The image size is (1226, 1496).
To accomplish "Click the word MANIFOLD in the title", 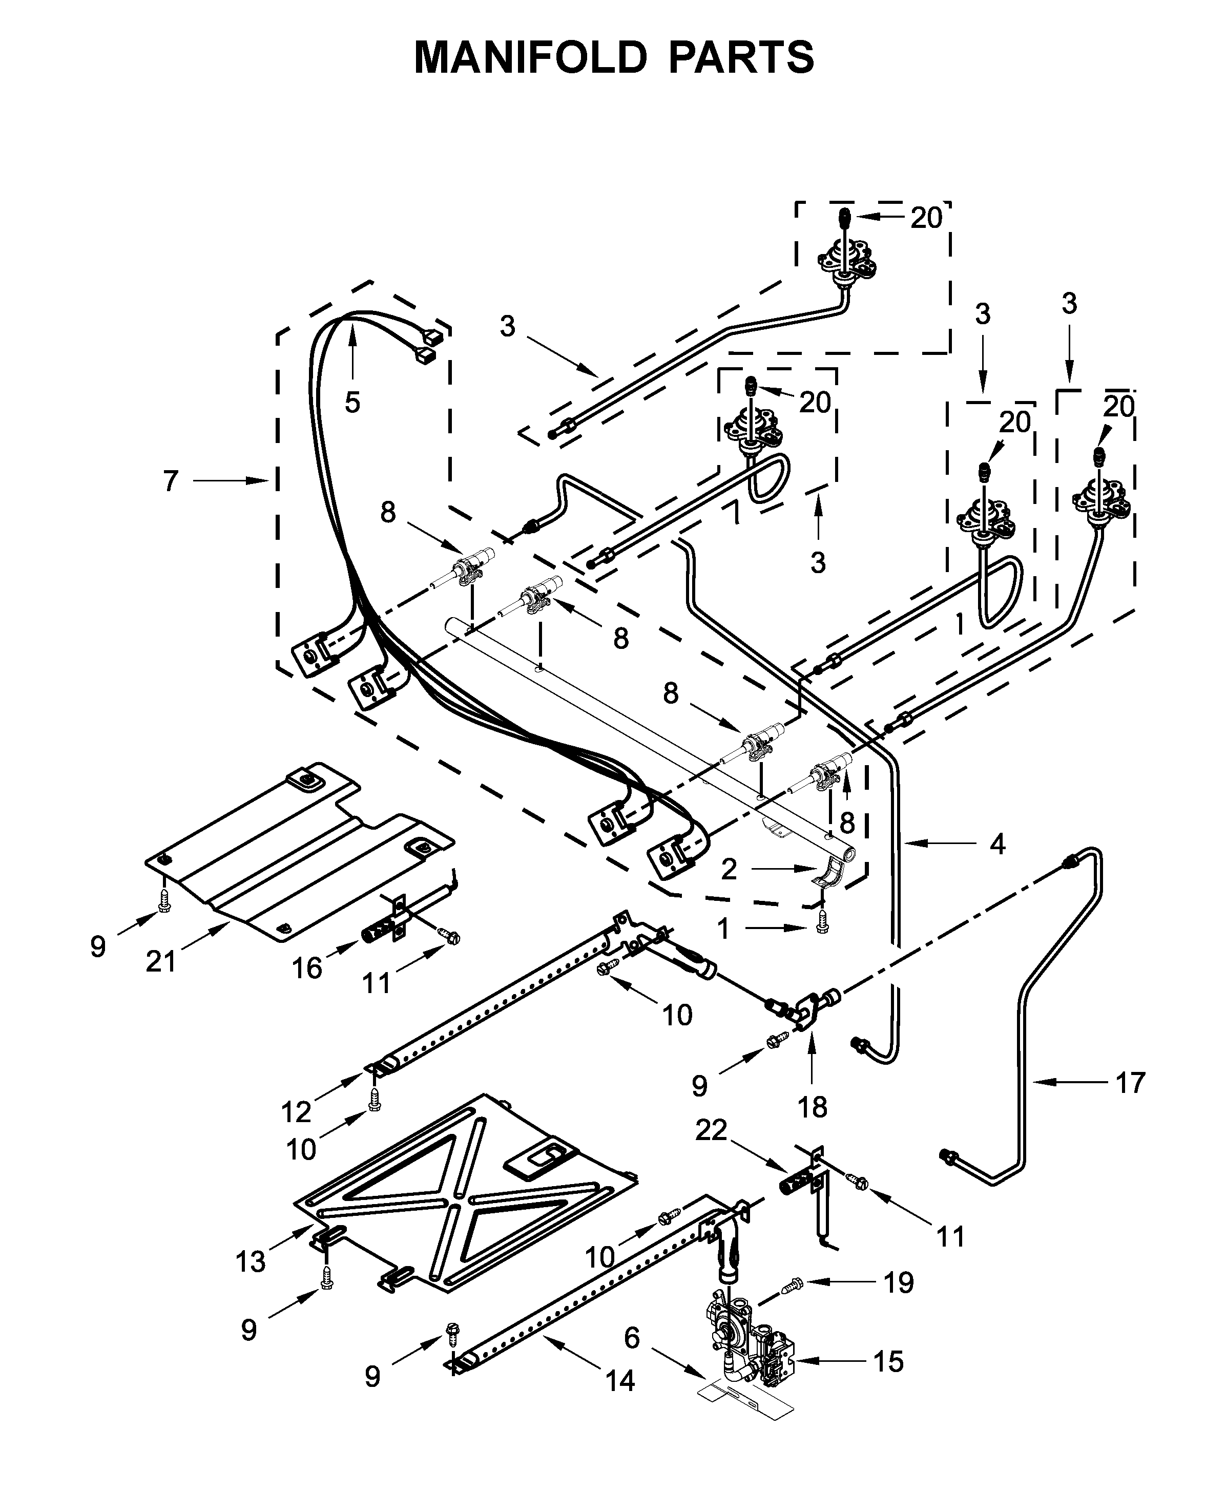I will tap(530, 58).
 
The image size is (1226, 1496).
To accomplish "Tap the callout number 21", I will tap(161, 961).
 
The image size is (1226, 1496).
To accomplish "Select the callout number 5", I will tap(352, 403).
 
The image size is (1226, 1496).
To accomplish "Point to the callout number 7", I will tap(171, 481).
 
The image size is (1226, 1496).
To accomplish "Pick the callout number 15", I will tap(888, 1362).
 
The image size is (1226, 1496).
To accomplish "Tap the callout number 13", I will tap(251, 1261).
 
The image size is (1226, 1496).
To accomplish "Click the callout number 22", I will tap(711, 1130).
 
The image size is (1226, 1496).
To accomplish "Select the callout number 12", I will tap(296, 1112).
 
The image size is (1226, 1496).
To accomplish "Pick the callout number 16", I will tap(307, 968).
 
